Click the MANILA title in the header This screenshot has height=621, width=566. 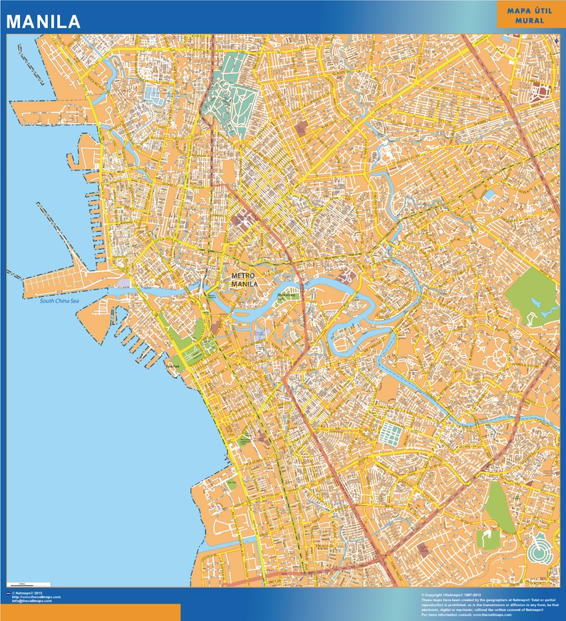click(x=44, y=21)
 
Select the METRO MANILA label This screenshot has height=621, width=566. click(x=244, y=280)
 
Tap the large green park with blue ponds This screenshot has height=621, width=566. click(x=533, y=296)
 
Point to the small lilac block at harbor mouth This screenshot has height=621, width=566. click(x=123, y=283)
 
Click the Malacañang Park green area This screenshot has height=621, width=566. click(x=286, y=296)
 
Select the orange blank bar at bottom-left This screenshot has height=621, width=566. click(x=90, y=612)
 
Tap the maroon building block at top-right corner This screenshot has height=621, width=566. click(x=541, y=93)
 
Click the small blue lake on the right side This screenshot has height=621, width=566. click(x=490, y=196)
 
